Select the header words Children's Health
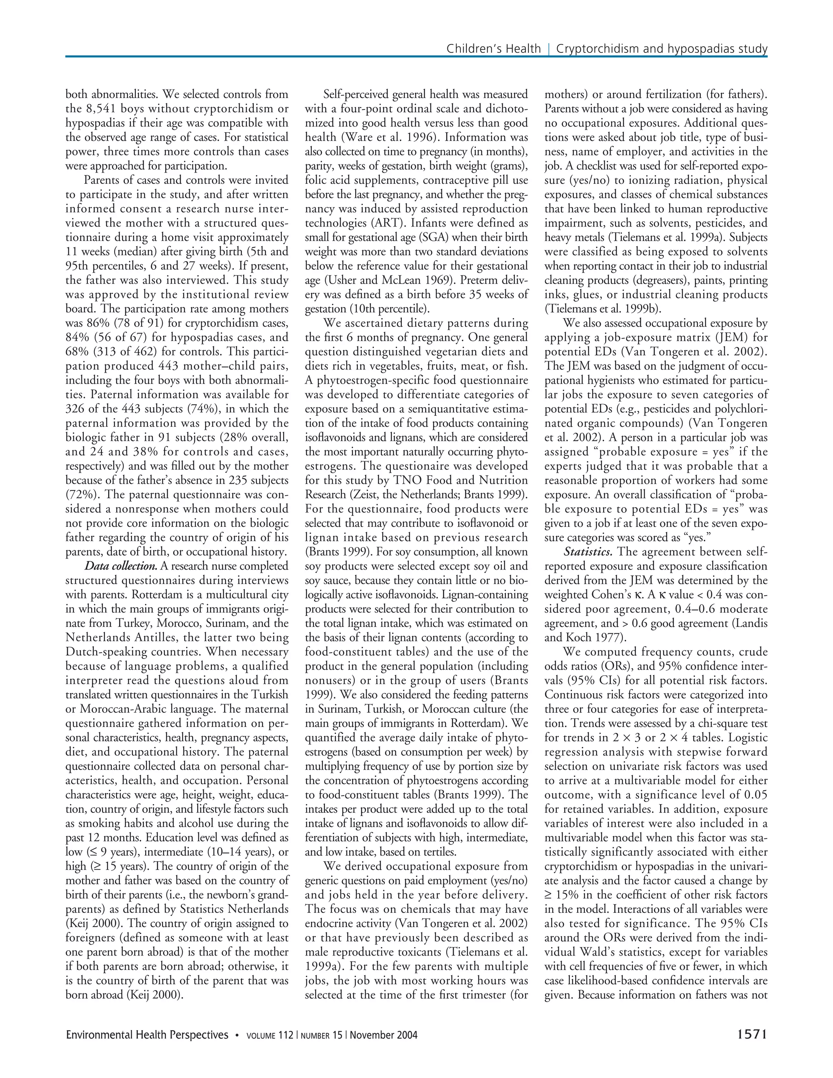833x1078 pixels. [x=493, y=49]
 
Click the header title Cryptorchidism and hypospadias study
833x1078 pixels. [x=662, y=49]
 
